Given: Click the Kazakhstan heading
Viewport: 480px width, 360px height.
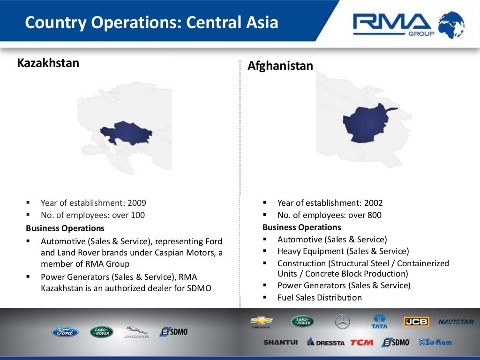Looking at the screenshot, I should pos(48,63).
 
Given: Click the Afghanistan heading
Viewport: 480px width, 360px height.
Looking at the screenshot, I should pos(280,66).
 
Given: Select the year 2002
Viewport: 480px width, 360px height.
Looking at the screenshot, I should pos(374,203).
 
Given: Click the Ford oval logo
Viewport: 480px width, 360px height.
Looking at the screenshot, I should pos(65,332).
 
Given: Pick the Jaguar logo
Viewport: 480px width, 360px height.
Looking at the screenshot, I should pos(136,332).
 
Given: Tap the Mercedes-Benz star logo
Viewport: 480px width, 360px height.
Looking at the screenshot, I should pos(342,322).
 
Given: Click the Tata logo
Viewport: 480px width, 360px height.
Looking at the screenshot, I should pos(379,322).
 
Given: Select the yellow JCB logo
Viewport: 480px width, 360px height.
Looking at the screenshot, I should pos(416,322).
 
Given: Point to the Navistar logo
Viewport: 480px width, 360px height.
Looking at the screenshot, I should pos(456,322).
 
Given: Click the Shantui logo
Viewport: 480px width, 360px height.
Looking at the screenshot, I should pos(280,342).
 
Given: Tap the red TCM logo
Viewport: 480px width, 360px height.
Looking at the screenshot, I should pos(361,342).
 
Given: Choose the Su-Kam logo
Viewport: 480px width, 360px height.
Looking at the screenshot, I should pos(435,342).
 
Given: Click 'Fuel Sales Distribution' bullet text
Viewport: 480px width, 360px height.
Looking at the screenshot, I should pos(320,298).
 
